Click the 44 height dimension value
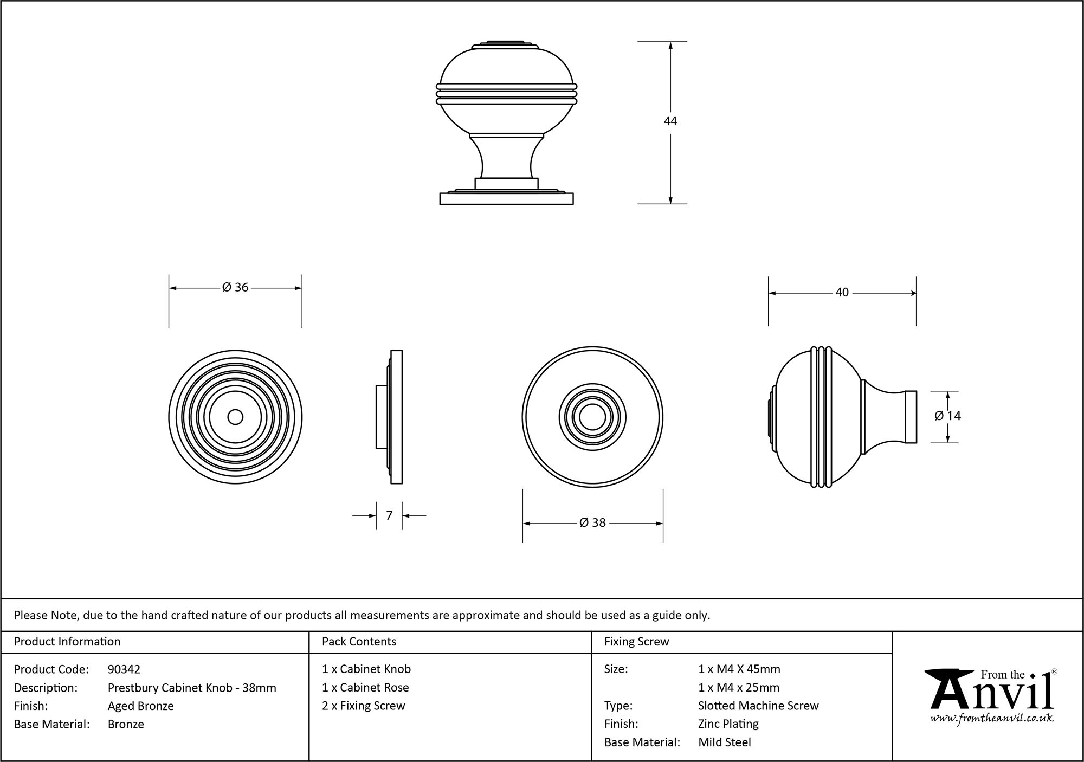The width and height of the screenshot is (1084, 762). coord(670,121)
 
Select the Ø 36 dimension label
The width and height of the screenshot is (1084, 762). coord(235,287)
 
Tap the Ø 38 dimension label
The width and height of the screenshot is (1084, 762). coord(592,523)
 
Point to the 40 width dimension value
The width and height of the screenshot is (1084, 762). coord(842,293)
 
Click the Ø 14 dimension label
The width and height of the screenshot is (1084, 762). coord(948,416)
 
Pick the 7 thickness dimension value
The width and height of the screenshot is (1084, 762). coord(389,515)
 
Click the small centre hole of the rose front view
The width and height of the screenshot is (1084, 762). coord(235,417)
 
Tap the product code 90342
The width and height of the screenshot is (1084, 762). coord(124,669)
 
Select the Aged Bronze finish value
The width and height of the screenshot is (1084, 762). coord(141,706)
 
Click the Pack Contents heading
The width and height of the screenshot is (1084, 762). coord(359,642)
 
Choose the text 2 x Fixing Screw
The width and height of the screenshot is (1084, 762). coord(364,706)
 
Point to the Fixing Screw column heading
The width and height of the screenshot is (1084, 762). coord(636,642)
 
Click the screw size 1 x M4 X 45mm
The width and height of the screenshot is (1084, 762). coord(739,669)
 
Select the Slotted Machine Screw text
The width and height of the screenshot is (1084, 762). coord(758,706)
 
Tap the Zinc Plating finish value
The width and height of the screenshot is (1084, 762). coord(728,724)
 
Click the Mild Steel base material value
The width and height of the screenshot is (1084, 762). coord(725,742)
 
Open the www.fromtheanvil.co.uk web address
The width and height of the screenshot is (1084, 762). coord(991,719)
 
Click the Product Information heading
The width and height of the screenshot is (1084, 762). coord(67,642)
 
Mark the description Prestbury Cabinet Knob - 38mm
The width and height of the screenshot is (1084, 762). coord(192,688)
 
